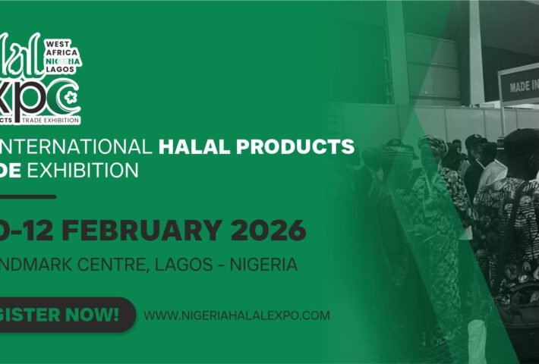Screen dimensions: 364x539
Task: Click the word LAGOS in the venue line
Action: [x=176, y=265]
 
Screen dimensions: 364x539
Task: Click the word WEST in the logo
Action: [x=59, y=45]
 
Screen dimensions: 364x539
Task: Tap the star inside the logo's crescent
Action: [x=71, y=97]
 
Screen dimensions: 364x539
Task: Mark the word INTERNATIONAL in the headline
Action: [x=71, y=145]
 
